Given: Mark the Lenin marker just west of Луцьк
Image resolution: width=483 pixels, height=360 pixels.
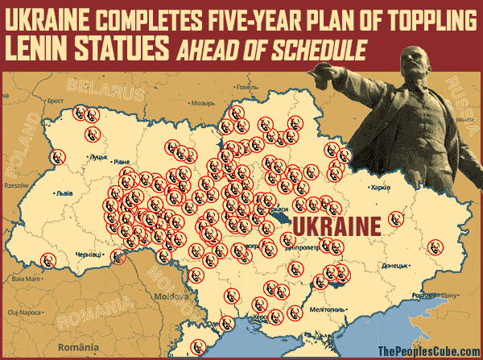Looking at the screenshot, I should [56, 157].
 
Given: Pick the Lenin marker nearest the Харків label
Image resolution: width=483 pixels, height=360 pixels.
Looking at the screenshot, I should [395, 217].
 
